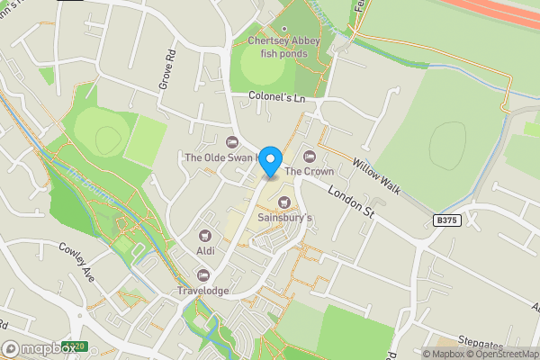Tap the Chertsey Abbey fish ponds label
coord(284,46)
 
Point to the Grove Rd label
coord(167,67)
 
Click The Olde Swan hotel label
coord(220,157)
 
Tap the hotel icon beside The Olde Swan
coord(231,141)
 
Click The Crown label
coord(309,171)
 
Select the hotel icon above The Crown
coord(310,156)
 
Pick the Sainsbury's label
coord(284,218)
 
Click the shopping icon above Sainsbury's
coord(285,202)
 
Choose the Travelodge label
coord(203,291)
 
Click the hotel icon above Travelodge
coord(203,275)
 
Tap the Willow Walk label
coord(376,174)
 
